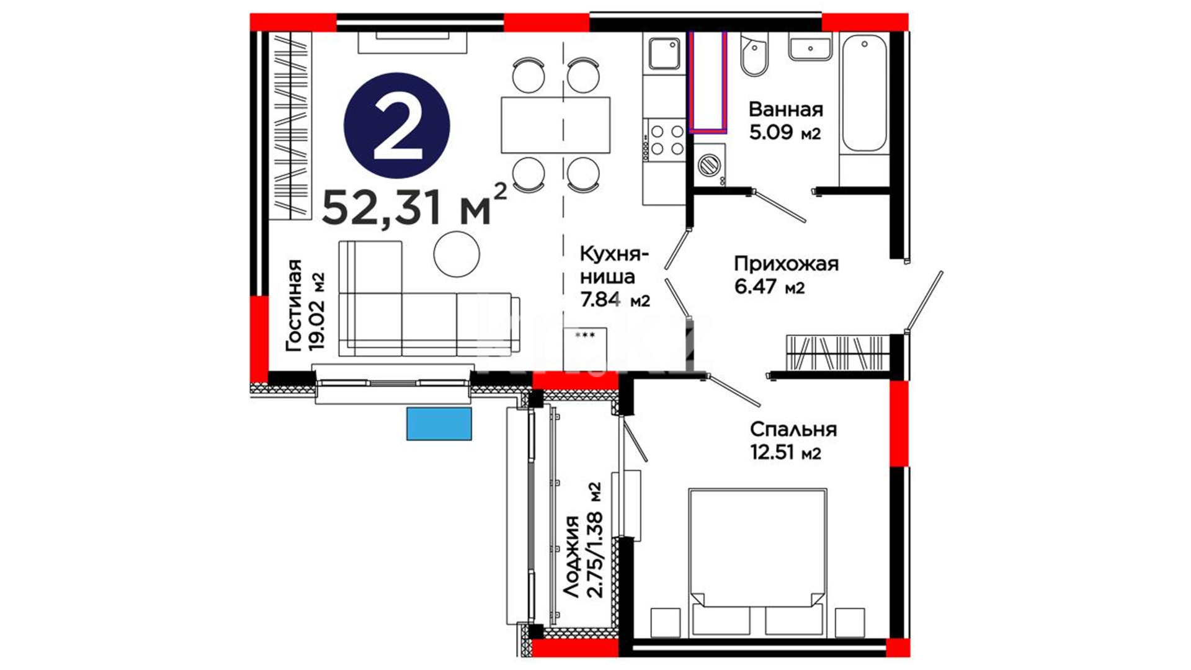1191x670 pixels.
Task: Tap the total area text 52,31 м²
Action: point(414,205)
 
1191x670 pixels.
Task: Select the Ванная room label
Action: point(786,109)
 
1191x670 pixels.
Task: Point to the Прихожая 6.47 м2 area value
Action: point(769,287)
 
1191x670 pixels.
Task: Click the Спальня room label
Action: point(793,429)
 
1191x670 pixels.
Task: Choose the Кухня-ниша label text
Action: point(615,265)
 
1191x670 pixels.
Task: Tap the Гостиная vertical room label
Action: point(293,305)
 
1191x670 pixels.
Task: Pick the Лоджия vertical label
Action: point(571,556)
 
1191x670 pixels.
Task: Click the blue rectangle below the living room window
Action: point(439,424)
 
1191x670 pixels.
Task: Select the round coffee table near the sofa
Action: point(457,254)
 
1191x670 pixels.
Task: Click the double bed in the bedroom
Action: point(757,562)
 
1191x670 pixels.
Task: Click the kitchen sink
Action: point(664,53)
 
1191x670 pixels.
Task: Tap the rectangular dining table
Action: point(556,125)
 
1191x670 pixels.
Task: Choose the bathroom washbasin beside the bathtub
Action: point(810,47)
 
